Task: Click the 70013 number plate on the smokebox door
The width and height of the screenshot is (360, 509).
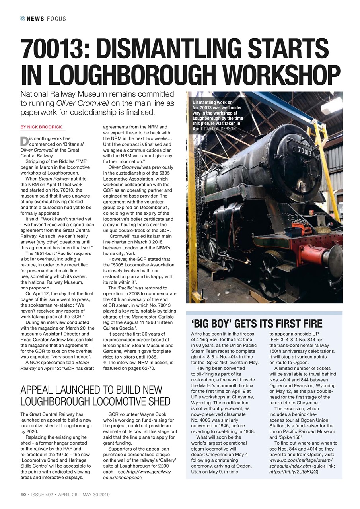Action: click(304, 152)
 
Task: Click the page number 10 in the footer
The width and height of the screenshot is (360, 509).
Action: click(23, 495)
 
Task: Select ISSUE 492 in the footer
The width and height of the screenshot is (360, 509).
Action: click(42, 495)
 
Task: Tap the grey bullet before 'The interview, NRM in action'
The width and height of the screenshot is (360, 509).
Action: click(105, 363)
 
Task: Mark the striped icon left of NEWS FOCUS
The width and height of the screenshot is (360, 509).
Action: click(23, 19)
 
